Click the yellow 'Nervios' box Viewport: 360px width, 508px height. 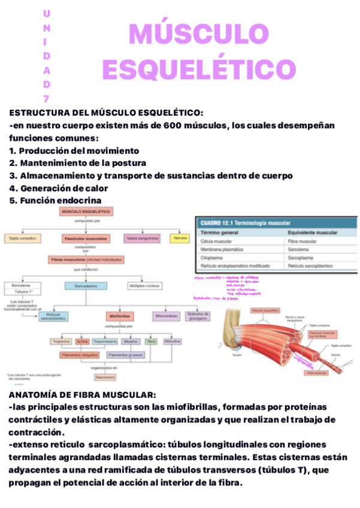click(x=179, y=238)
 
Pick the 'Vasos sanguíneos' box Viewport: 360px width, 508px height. click(x=143, y=238)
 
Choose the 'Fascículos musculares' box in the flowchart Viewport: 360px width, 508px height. click(x=86, y=238)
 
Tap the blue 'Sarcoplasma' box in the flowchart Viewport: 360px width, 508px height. click(x=86, y=287)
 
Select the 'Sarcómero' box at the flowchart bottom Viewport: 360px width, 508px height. click(x=105, y=378)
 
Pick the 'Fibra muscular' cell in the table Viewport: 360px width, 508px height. click(x=302, y=240)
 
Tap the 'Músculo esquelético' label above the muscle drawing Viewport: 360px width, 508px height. click(x=266, y=311)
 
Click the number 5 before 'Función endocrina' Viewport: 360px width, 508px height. click(x=13, y=201)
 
